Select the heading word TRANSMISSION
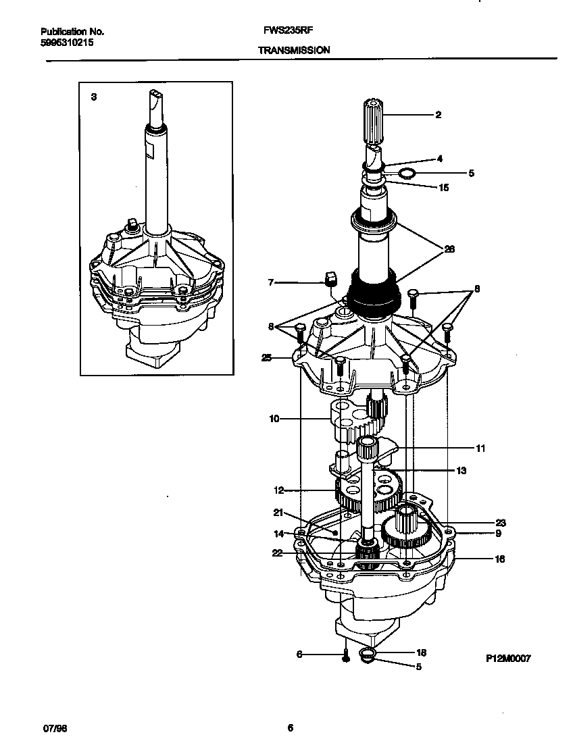point(293,50)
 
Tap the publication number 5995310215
point(66,42)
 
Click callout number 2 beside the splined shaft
point(438,115)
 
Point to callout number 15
point(443,187)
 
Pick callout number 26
point(449,249)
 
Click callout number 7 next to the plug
point(270,282)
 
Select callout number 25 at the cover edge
point(266,358)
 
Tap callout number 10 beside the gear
point(274,419)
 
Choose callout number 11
point(480,447)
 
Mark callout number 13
point(462,471)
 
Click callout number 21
point(277,512)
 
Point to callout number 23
point(500,522)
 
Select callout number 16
point(499,559)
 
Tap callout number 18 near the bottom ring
point(422,652)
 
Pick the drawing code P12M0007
point(507,657)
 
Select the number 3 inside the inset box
point(93,97)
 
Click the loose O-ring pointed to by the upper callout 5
point(405,174)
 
